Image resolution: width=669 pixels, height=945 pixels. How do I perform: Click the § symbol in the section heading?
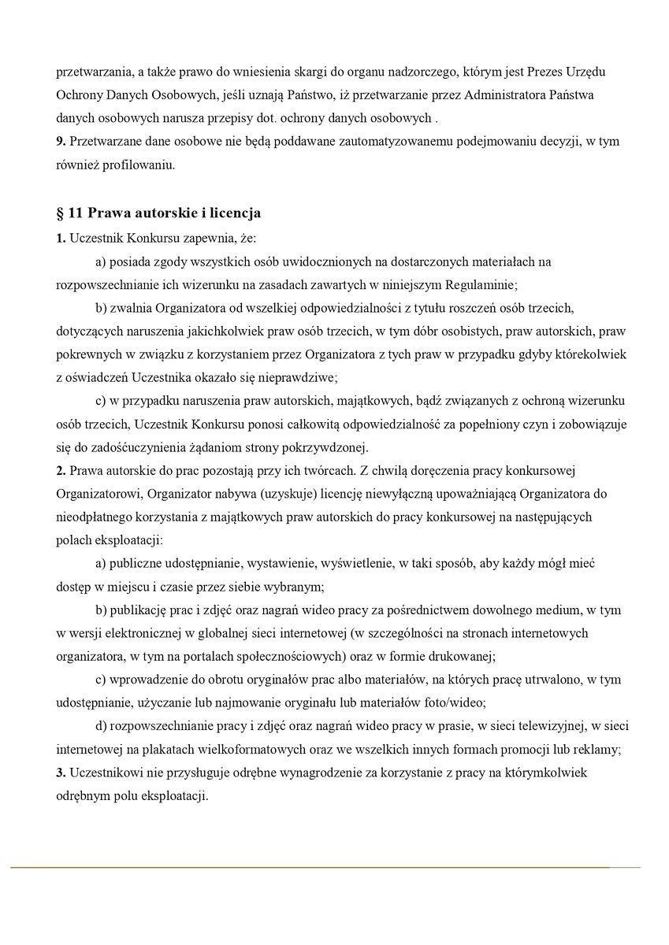tap(60, 213)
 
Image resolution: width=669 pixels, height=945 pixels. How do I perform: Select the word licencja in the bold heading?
tap(233, 213)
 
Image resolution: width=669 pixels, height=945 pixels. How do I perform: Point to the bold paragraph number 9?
tap(60, 142)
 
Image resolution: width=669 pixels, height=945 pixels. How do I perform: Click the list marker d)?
tap(101, 725)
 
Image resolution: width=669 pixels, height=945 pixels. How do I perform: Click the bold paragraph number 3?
tap(60, 773)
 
